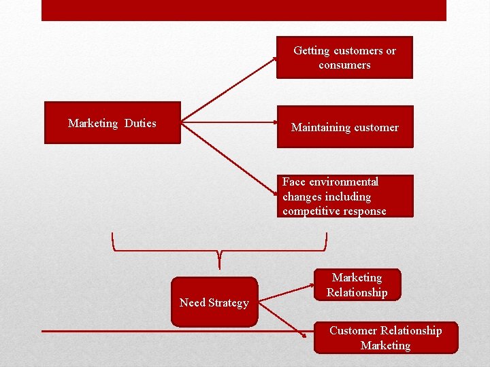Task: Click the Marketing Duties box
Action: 112,123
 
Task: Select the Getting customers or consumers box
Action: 344,58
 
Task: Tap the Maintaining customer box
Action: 344,127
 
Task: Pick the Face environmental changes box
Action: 347,196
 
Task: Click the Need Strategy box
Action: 214,302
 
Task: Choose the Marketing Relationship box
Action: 357,285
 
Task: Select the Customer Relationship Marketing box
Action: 385,338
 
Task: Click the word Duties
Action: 140,123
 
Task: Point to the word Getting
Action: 312,50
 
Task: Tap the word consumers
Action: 344,65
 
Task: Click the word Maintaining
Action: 320,127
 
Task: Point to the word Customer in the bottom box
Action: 353,330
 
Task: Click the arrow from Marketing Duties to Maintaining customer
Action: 228,123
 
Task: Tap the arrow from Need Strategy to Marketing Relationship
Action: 286,288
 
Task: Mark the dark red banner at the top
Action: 244,10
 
